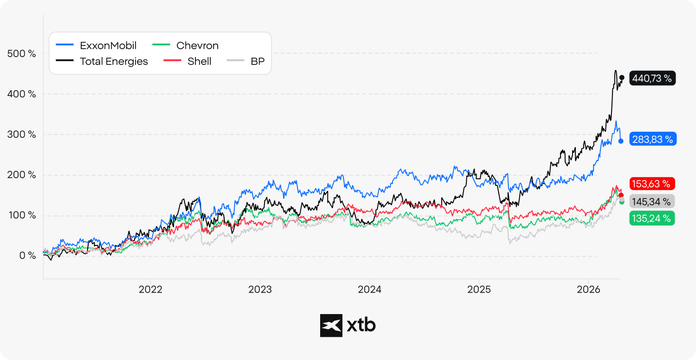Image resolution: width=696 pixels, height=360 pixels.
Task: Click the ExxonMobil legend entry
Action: tap(96, 45)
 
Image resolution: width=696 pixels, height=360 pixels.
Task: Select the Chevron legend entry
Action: tap(186, 45)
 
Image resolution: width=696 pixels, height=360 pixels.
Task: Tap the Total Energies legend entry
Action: tap(102, 61)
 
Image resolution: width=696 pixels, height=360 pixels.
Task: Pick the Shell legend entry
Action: tap(187, 61)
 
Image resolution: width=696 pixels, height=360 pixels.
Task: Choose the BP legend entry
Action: tap(246, 61)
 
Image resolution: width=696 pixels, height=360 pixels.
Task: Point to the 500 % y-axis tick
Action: tap(21, 53)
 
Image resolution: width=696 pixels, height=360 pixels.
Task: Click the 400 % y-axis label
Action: tap(21, 94)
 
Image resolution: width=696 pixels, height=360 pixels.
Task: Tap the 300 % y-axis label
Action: tap(21, 134)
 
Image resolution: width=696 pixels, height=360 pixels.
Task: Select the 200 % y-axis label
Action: tap(21, 174)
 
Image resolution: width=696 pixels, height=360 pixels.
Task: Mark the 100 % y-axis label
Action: tap(22, 215)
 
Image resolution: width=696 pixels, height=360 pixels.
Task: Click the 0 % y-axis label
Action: tap(28, 255)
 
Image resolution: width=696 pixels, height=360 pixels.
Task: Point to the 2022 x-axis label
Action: tap(150, 289)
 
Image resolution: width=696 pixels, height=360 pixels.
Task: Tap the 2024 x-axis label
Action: tap(369, 289)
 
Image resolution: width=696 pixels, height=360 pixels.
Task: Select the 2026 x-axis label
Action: tap(588, 289)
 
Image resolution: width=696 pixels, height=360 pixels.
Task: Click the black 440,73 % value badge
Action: tap(652, 78)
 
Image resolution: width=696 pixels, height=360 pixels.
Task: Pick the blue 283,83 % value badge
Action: tap(653, 139)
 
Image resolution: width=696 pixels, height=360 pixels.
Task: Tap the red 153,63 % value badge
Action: tap(652, 184)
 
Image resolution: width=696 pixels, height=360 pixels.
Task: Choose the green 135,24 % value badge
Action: tap(652, 218)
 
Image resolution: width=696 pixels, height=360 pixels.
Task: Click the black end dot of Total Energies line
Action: tap(622, 77)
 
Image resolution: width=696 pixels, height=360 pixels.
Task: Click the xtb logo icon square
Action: tap(331, 326)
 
